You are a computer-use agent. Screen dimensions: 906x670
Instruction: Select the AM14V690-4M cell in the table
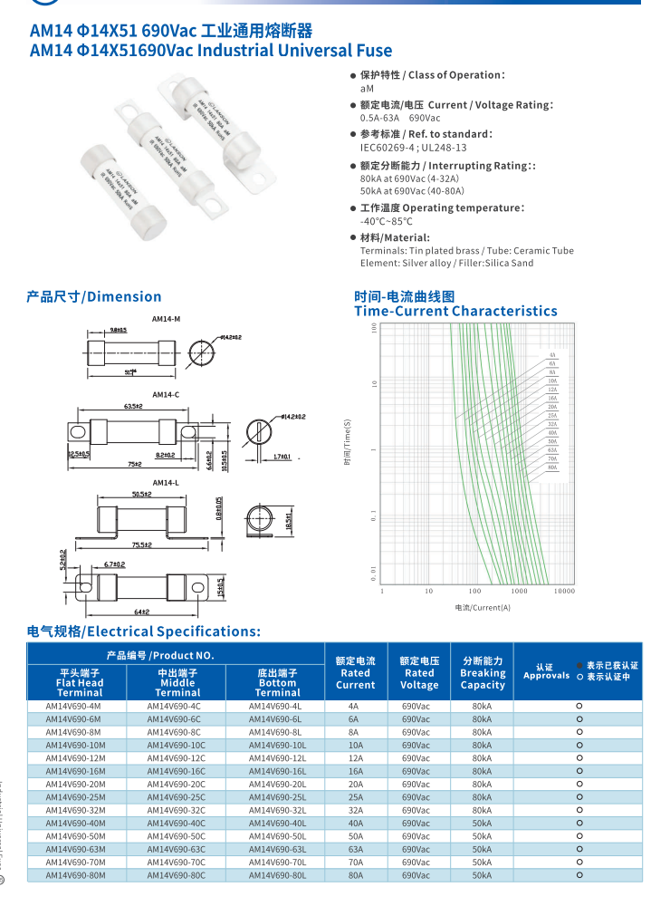coord(73,706)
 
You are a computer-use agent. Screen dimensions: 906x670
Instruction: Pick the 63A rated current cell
coord(355,850)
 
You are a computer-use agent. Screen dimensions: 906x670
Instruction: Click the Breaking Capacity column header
coord(483,673)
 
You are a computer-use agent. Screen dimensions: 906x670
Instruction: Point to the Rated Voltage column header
coord(419,673)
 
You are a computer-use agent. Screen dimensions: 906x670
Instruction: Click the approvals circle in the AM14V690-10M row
coord(579,745)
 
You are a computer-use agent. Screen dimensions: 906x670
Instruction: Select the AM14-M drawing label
coord(166,319)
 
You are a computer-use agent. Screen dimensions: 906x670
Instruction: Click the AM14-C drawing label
coord(166,395)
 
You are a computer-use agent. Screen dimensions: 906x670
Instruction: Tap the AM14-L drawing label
coord(166,483)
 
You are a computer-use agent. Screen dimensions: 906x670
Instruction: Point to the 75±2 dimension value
coord(135,464)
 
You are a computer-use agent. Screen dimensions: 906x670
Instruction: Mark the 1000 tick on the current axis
coord(519,591)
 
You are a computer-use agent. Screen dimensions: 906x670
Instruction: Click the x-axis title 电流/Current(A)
coord(483,607)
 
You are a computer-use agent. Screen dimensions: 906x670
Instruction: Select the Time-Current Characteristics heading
coord(455,311)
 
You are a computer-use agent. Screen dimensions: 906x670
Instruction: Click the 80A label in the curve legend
coord(552,467)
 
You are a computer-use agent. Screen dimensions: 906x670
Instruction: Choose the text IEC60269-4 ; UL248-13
coord(413,148)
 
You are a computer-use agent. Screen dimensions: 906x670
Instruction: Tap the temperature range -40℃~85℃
coord(386,221)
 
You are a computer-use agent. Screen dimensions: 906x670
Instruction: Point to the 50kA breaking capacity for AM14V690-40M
coord(483,824)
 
